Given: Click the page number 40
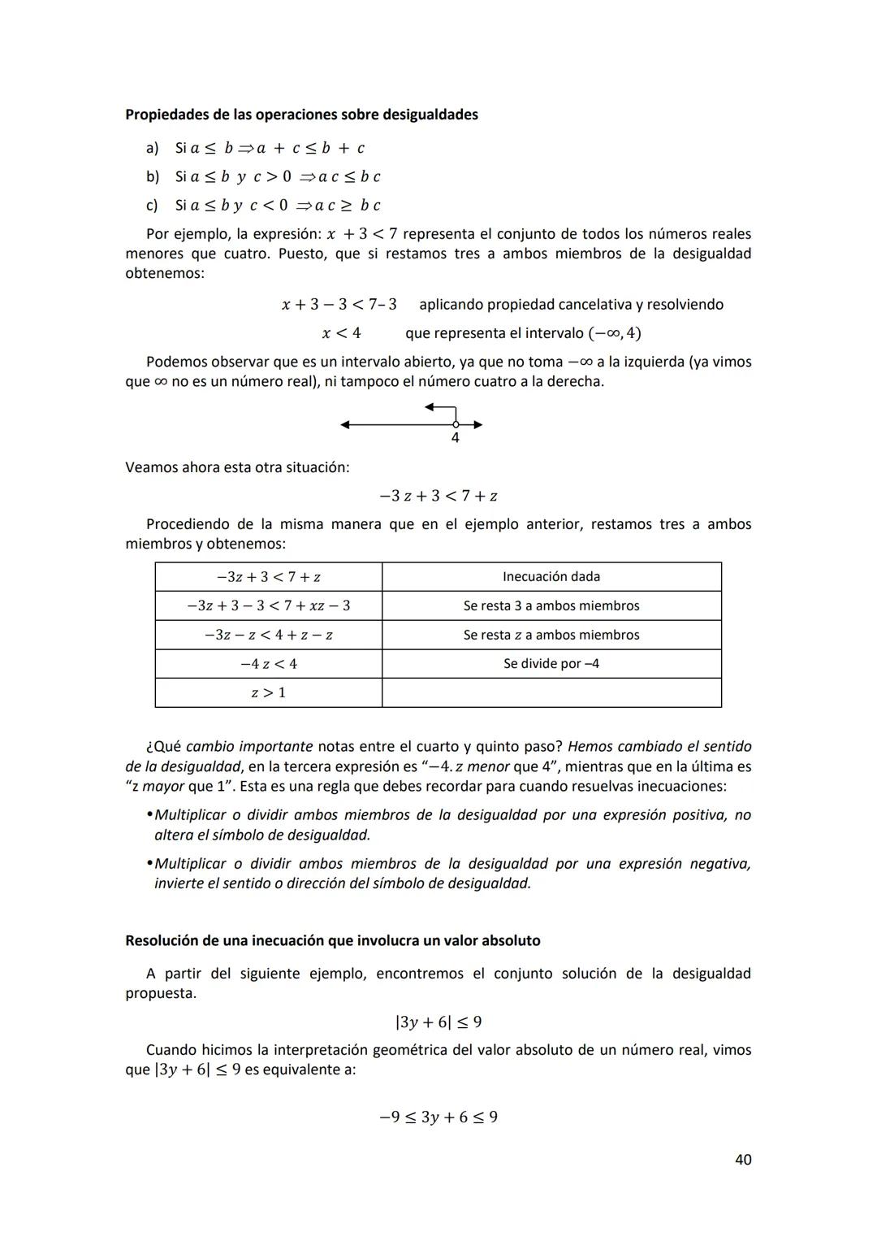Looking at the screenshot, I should [x=742, y=1160].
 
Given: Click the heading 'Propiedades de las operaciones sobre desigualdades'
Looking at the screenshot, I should [x=301, y=115].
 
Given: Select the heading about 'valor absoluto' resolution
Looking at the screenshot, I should [x=332, y=940].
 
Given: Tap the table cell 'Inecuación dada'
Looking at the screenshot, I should [x=551, y=577].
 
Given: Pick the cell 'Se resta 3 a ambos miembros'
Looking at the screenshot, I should [x=551, y=606].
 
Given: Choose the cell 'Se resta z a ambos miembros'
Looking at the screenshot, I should [x=551, y=636].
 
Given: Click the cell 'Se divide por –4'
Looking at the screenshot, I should [x=551, y=664].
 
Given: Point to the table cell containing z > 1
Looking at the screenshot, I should [x=268, y=693].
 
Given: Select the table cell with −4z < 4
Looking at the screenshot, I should [x=268, y=664].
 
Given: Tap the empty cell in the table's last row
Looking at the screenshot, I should [x=551, y=693].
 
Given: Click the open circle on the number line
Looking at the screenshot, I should [x=456, y=424].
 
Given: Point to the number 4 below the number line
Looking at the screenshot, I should [x=455, y=439].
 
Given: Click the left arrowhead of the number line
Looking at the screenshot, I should [x=345, y=424].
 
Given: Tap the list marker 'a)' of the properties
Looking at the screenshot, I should [x=152, y=148].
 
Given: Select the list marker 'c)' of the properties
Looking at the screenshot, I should [x=152, y=206].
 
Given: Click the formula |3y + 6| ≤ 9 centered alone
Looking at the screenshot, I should [x=438, y=1022].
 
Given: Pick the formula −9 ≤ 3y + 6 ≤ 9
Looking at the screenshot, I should [x=438, y=1117].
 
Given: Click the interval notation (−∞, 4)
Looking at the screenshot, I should [x=615, y=333].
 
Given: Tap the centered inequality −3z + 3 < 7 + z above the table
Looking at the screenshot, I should [x=438, y=496].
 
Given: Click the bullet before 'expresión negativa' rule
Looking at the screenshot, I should [x=149, y=864].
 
